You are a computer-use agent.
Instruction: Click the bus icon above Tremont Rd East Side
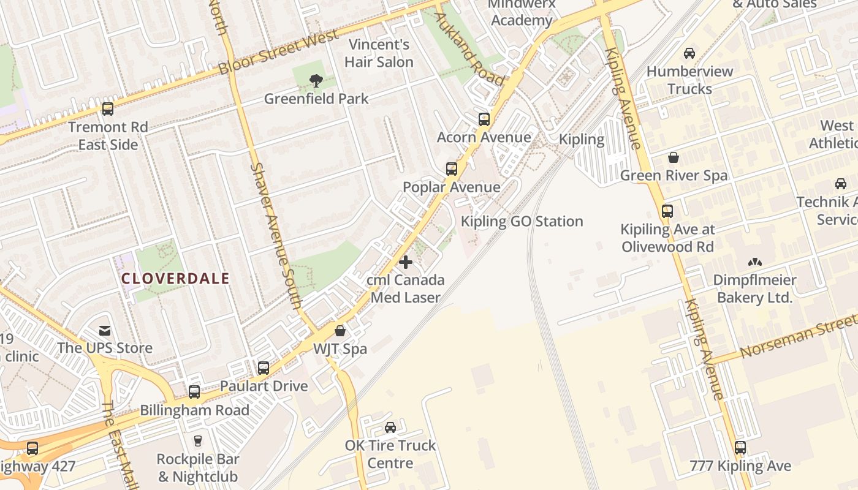click(108, 109)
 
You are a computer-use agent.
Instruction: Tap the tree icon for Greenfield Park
click(316, 80)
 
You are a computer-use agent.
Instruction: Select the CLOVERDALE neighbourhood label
click(175, 279)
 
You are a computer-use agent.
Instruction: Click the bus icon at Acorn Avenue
click(484, 119)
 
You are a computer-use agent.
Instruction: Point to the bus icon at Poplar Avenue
click(452, 168)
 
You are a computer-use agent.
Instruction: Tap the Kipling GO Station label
click(522, 221)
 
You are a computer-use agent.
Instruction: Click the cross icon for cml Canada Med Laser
click(406, 262)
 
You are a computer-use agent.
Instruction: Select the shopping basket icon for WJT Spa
click(340, 331)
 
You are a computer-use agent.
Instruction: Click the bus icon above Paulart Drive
click(264, 367)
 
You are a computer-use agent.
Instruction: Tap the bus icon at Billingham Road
click(194, 391)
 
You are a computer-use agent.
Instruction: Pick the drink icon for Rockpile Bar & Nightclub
click(197, 440)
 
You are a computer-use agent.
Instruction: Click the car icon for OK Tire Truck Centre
click(390, 427)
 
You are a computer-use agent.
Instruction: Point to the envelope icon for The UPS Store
click(105, 330)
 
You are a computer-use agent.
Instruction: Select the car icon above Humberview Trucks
click(689, 53)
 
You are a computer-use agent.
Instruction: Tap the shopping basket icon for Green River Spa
click(674, 157)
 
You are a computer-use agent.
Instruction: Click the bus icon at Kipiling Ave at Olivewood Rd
click(667, 211)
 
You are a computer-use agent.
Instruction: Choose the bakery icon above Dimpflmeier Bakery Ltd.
click(754, 262)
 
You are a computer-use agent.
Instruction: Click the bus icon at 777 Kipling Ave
click(740, 447)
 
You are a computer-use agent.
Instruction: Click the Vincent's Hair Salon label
click(379, 53)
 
